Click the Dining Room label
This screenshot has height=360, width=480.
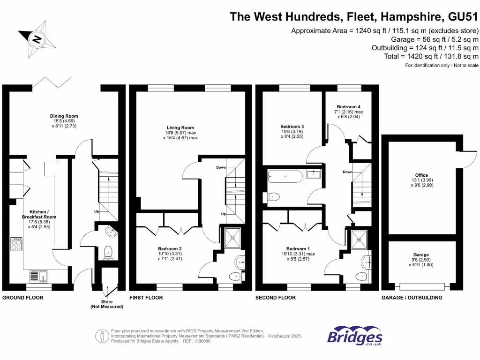click(64, 116)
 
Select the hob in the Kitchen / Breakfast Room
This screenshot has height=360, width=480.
click(16, 244)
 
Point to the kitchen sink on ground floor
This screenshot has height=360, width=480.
click(37, 277)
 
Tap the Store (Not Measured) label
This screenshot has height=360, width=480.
click(107, 304)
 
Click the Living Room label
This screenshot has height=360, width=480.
click(180, 127)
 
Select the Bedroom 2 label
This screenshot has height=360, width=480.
click(170, 248)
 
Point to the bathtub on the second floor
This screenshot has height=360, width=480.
click(285, 177)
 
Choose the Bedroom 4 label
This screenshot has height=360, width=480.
click(349, 107)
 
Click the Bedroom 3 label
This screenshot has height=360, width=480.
click(292, 127)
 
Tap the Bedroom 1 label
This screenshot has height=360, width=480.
click(298, 248)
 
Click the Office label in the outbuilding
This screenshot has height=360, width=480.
click(422, 175)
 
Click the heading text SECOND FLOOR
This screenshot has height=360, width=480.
click(276, 298)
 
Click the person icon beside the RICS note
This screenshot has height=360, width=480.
click(102, 336)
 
